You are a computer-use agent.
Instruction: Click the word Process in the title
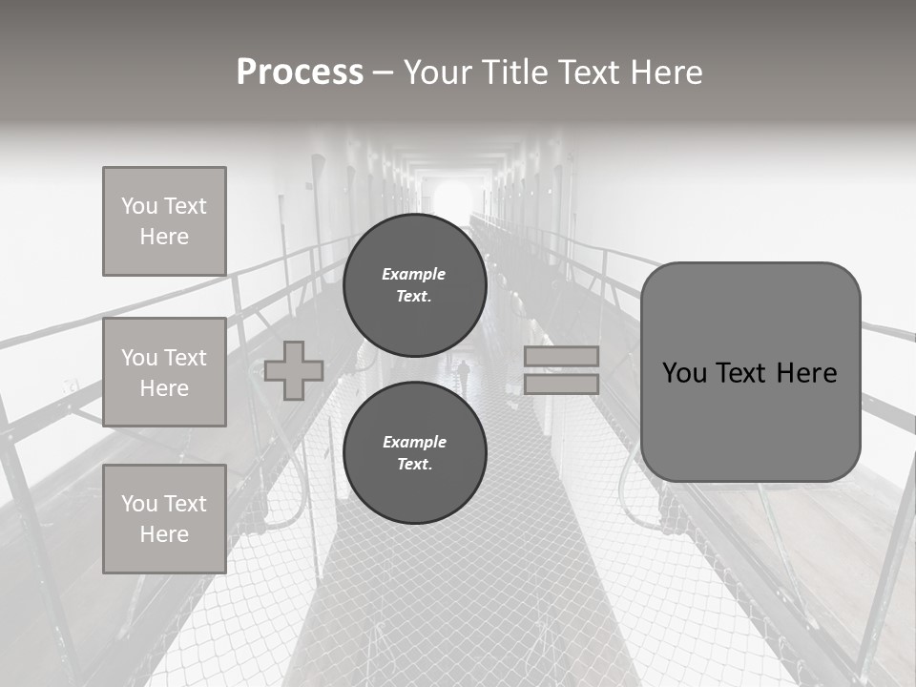click(300, 73)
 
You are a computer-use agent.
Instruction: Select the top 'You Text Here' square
click(164, 221)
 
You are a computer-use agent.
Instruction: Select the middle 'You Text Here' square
click(164, 372)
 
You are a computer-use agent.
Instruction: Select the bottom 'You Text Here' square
click(164, 519)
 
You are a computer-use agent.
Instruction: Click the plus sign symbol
click(294, 370)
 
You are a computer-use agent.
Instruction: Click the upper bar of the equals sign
click(561, 357)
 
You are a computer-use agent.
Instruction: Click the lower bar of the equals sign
click(561, 384)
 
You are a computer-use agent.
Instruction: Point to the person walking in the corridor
click(465, 375)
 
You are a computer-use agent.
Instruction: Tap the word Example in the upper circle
click(413, 274)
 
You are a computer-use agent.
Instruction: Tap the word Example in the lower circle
click(414, 442)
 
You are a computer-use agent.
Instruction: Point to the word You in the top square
click(138, 206)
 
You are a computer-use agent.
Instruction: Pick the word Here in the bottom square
click(164, 534)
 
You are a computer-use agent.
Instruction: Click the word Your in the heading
click(440, 73)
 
